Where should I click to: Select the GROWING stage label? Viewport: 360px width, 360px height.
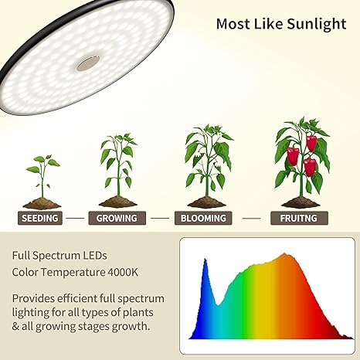pyautogui.click(x=117, y=218)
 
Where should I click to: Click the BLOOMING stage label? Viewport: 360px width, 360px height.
pyautogui.click(x=204, y=218)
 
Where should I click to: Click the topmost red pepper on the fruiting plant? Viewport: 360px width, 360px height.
pyautogui.click(x=311, y=142)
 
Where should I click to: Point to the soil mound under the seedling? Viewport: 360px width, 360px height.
pyautogui.click(x=42, y=204)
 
